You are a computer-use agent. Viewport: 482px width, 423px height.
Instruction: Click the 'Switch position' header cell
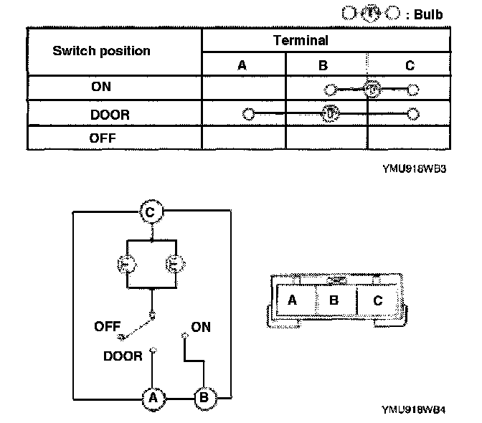101,51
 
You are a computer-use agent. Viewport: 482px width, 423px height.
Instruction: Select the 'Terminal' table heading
301,41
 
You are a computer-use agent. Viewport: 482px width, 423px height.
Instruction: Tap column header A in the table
242,65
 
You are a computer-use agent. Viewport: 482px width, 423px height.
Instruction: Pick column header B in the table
323,65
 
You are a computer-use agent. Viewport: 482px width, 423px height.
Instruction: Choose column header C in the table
410,65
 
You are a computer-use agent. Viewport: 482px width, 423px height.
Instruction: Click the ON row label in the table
101,87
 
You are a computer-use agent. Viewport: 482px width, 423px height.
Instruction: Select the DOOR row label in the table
110,114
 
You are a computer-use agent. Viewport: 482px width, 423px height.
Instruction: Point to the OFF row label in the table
103,138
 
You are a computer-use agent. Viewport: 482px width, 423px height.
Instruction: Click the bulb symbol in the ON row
371,90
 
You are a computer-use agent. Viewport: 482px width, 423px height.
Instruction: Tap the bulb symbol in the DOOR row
330,113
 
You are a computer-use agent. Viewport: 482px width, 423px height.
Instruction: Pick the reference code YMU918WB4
414,411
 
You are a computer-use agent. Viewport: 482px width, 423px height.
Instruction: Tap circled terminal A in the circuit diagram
151,396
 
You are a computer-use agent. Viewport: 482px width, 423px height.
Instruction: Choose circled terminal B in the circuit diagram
203,396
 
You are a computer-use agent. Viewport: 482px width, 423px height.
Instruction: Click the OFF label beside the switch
107,327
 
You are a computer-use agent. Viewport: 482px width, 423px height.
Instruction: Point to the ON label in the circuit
201,327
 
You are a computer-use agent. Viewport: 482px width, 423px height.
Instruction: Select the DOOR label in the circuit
123,356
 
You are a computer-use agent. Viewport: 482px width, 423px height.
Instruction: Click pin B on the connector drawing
334,300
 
